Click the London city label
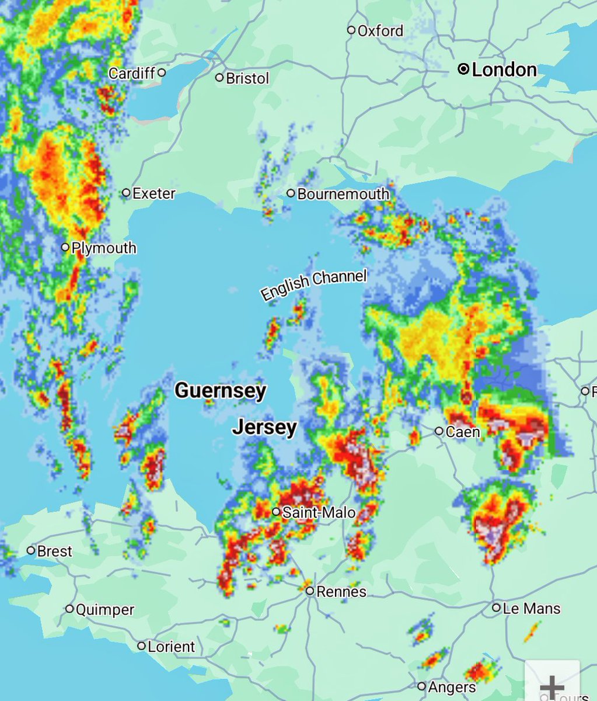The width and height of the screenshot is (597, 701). point(504,70)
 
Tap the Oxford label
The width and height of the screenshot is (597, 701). point(380,30)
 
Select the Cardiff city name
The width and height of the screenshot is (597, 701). point(132,73)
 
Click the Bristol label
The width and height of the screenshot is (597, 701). point(247,78)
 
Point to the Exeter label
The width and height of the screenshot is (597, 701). point(154,193)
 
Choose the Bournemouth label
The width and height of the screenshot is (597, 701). point(343,194)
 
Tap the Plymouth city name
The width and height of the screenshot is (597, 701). point(104,248)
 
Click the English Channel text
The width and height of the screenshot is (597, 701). point(314,284)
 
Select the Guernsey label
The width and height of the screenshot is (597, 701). point(221,390)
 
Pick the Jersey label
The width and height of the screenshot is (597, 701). point(265,428)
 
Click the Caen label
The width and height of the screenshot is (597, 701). point(463,432)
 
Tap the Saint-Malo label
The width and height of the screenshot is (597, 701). point(319,512)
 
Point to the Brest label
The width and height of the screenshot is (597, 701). point(54,551)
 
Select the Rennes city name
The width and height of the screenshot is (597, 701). point(341,592)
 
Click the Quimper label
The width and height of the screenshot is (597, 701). point(105,610)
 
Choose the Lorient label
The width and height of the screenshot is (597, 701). point(171,647)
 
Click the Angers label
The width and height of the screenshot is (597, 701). point(452,687)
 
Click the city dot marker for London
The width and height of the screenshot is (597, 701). point(463,70)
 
